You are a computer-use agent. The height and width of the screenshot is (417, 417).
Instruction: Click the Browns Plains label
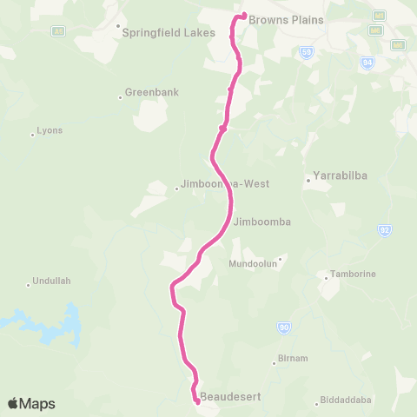coord(286,19)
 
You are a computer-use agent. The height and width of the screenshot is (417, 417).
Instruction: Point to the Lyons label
coord(50,131)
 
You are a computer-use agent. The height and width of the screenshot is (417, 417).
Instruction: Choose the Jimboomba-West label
coord(225,184)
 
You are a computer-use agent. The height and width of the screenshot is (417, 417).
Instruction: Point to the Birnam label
coord(291,359)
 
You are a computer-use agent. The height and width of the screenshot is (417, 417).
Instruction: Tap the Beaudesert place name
coord(230,397)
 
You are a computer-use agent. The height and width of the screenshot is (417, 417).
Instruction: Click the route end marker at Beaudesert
coord(196,400)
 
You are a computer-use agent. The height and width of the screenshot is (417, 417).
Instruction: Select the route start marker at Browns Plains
coord(244,15)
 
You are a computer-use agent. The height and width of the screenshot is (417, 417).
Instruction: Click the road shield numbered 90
coord(283,327)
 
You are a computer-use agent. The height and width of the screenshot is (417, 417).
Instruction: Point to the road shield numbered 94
coord(367,62)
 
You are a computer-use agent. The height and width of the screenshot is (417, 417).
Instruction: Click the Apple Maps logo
coord(31,403)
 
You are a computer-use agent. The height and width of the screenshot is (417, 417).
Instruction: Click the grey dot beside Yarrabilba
coord(308,181)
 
